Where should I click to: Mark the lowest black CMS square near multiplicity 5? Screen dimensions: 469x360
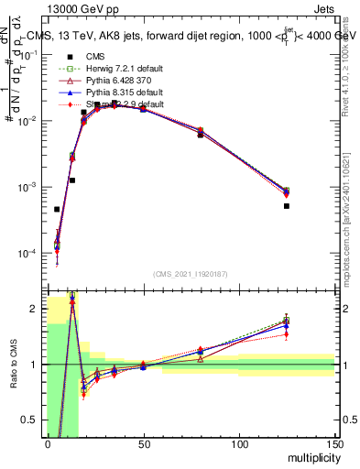(x=57, y=209)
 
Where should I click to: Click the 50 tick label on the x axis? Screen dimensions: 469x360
(x=143, y=445)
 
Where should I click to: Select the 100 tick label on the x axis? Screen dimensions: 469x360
(x=239, y=445)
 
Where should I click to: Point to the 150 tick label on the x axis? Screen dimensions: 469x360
(x=334, y=445)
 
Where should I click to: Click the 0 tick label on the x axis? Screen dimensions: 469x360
(x=48, y=445)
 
